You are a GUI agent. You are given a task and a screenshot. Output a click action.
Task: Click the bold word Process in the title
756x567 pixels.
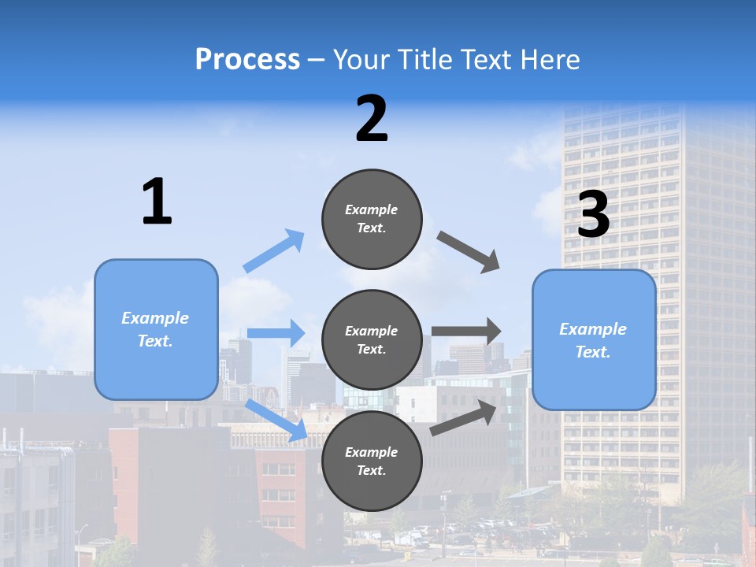pos(247,60)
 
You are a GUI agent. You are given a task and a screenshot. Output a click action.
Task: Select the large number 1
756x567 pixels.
pos(157,202)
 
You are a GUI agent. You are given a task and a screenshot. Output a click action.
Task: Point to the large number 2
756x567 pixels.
pos(372,119)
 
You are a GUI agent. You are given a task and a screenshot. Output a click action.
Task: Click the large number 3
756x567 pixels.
pos(594,214)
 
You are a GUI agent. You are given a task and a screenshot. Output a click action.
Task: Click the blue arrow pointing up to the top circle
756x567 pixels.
pos(274,251)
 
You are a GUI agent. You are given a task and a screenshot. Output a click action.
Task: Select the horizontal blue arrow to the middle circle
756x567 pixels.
pos(276,333)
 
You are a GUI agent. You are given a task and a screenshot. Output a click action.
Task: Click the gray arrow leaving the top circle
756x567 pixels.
pos(468,252)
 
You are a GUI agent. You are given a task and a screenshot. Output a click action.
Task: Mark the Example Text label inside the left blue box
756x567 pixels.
pos(155,329)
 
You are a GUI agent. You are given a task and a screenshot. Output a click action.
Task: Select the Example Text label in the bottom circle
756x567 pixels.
pos(371,461)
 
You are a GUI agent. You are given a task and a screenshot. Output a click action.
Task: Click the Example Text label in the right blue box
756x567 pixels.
pos(593,340)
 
